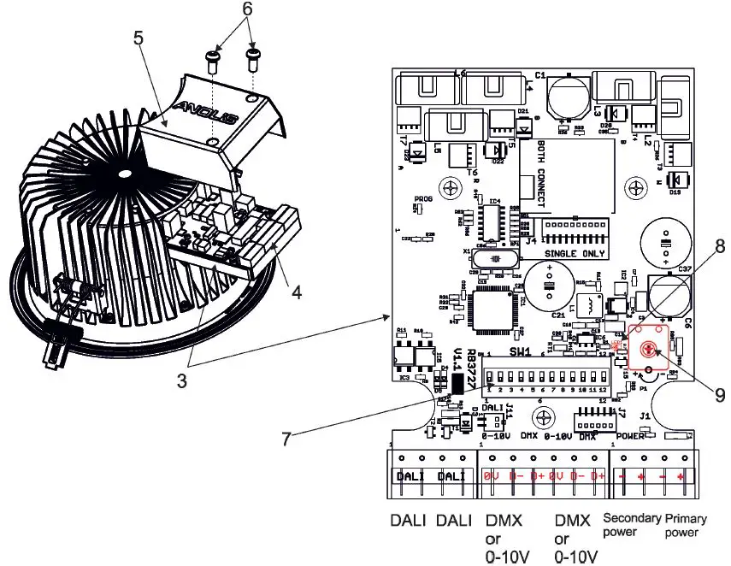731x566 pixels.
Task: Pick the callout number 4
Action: pyautogui.click(x=295, y=292)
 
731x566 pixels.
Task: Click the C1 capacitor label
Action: pyautogui.click(x=540, y=75)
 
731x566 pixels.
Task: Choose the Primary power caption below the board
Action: pyautogui.click(x=682, y=524)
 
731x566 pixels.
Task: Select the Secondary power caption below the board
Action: pyautogui.click(x=633, y=524)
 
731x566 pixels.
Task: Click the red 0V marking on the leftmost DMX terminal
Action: pyautogui.click(x=491, y=475)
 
